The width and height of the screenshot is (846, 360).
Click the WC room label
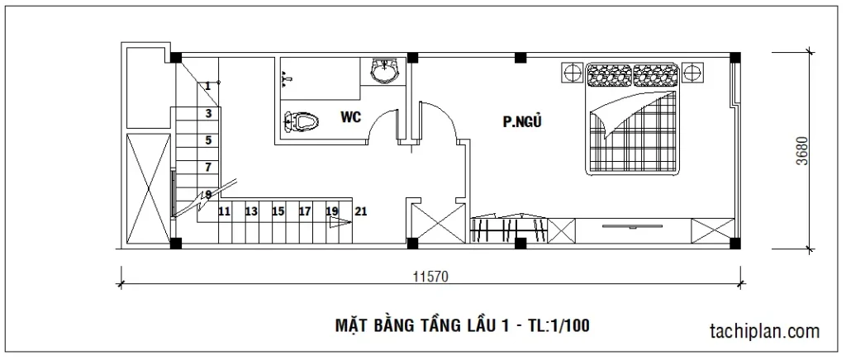(350, 116)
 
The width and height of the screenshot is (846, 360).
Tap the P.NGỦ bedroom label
(522, 122)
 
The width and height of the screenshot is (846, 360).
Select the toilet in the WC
(301, 121)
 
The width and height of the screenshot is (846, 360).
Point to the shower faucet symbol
(288, 80)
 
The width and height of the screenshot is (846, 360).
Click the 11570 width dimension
(430, 277)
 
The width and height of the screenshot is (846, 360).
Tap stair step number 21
(361, 212)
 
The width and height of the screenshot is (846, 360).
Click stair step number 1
(207, 86)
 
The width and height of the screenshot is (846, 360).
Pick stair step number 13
(251, 212)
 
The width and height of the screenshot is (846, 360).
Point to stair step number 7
(207, 167)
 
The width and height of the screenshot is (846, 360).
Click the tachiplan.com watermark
(765, 330)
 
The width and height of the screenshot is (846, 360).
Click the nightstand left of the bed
(572, 72)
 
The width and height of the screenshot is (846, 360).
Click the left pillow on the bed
(609, 75)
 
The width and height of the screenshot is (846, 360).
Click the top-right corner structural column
(734, 58)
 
